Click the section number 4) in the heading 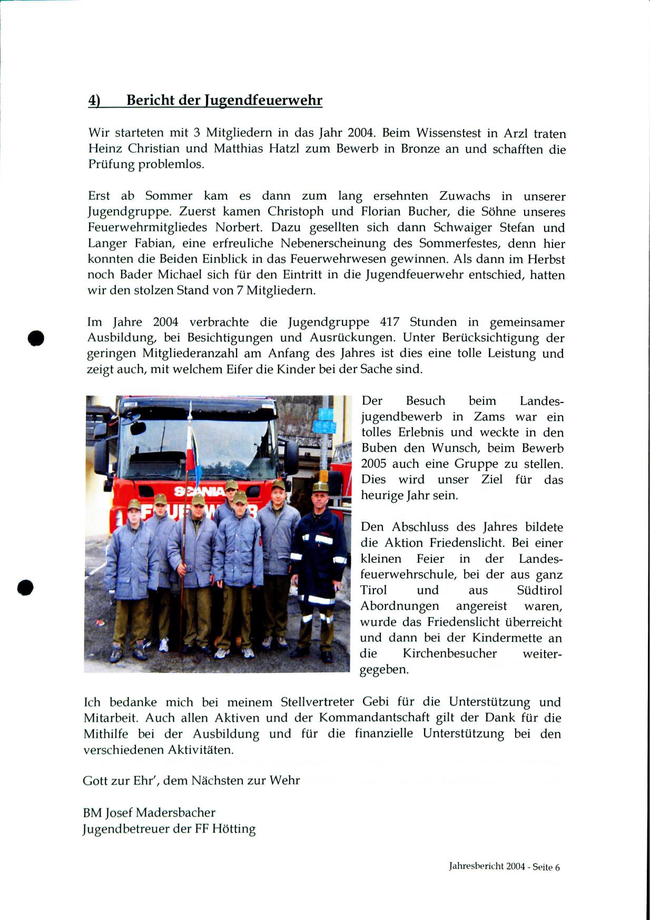(94, 101)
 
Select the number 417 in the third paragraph (389, 322)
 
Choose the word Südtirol (539, 590)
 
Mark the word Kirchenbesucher (449, 653)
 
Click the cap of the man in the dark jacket (319, 487)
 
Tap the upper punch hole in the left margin (36, 338)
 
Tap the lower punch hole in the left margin (25, 587)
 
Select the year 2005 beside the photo (377, 464)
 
